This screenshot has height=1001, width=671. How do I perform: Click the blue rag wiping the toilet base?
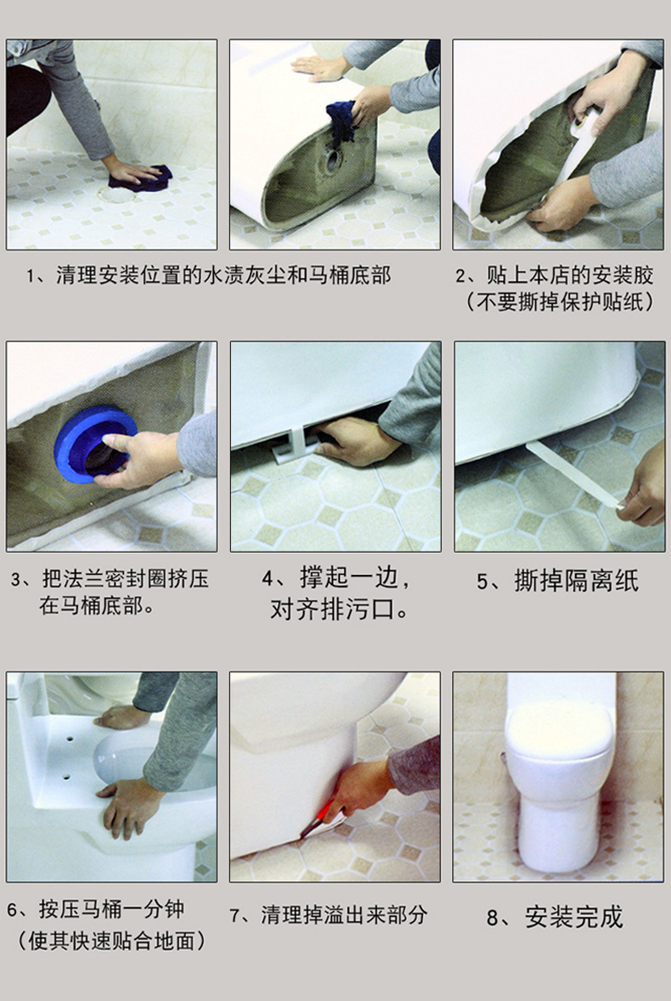[342, 121]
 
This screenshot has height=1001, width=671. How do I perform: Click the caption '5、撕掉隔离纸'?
[557, 582]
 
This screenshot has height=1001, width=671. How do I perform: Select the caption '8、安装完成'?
[554, 917]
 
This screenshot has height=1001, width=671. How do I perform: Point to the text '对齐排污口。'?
[339, 609]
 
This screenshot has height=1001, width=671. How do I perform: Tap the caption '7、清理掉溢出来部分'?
[328, 914]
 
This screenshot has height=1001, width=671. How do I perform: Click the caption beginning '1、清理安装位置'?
[208, 276]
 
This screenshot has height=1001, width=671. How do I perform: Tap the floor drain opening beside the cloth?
[117, 194]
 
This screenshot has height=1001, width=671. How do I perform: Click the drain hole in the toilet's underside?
[333, 160]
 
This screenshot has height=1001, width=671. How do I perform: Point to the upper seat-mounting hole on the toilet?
[68, 739]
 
